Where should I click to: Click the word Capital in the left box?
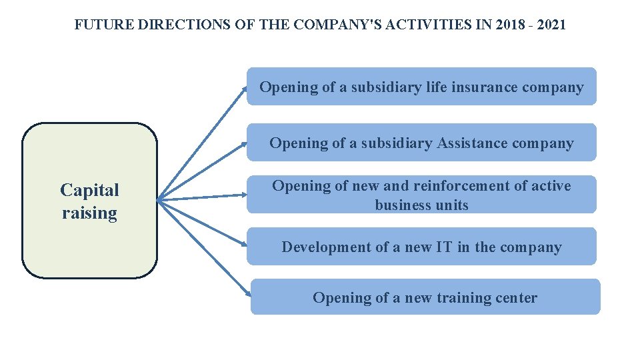click(x=89, y=191)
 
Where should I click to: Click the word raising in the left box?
click(x=89, y=213)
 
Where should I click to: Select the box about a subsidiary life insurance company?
click(x=421, y=87)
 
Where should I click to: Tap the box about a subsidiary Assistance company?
click(x=421, y=143)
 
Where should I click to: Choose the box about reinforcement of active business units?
click(x=421, y=195)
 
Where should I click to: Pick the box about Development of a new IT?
click(x=421, y=247)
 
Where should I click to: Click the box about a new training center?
click(x=425, y=297)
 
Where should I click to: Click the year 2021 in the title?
click(x=551, y=25)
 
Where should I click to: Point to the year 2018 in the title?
click(x=507, y=25)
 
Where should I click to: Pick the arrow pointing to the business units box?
click(x=203, y=197)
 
